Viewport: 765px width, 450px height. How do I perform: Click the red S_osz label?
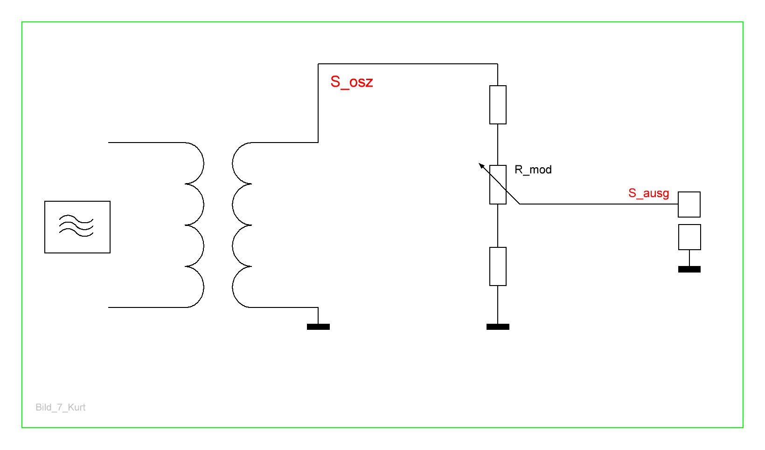tap(351, 82)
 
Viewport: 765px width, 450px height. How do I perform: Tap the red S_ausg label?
tap(648, 193)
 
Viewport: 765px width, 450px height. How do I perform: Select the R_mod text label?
tap(533, 170)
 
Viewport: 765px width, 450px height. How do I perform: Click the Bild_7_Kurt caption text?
tap(61, 408)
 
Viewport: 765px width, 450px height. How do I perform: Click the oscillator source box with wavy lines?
tap(77, 227)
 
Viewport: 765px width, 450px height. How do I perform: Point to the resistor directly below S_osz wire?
tap(498, 105)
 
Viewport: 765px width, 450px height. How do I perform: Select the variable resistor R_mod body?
tap(498, 184)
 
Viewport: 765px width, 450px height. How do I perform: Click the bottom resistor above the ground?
tap(498, 266)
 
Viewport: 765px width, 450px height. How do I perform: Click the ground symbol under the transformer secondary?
tap(318, 327)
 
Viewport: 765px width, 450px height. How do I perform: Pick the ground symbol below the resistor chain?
tap(498, 327)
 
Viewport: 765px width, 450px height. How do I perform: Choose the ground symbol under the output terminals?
tap(689, 269)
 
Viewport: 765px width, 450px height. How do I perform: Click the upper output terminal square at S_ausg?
tap(689, 205)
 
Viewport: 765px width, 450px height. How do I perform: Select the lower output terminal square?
tap(689, 237)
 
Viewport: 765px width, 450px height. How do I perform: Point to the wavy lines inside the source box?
tap(76, 225)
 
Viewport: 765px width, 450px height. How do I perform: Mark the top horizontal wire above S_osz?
tap(408, 64)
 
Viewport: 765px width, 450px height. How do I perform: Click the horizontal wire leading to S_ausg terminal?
tap(597, 204)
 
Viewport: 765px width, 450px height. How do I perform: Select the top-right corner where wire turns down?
tap(498, 64)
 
